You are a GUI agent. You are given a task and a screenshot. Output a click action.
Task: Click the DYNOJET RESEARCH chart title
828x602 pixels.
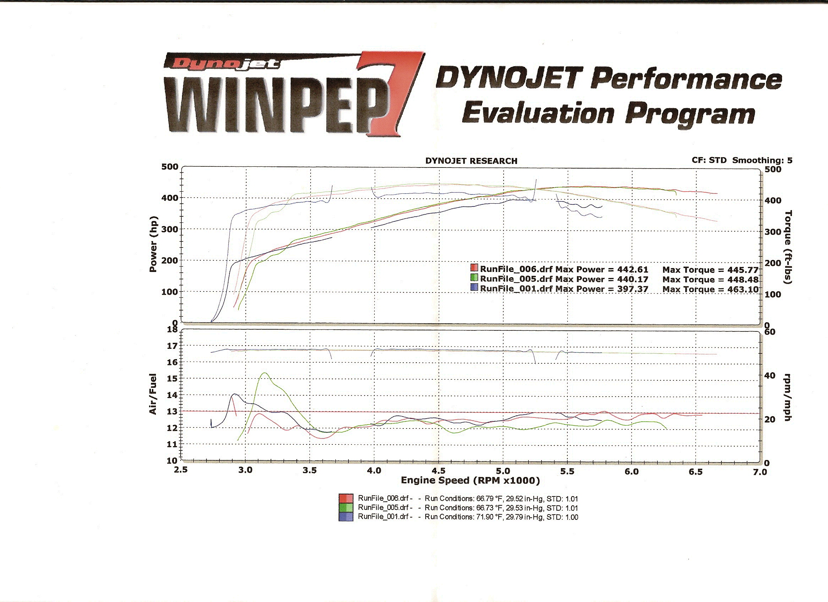coord(471,161)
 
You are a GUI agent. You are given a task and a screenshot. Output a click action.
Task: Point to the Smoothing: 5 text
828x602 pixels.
coord(762,160)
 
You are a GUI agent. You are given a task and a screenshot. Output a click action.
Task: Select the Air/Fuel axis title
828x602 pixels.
coord(153,394)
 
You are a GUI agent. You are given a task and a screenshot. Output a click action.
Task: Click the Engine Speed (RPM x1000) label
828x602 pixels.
coord(470,481)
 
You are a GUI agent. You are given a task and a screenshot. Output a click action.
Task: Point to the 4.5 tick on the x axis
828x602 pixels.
coord(438,471)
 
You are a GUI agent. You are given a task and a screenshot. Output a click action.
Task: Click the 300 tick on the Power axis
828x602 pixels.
coord(169,229)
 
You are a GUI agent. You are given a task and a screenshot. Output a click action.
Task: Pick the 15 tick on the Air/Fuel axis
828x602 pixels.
coord(172,379)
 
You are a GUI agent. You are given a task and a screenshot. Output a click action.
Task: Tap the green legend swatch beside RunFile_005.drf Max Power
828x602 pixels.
coord(474,278)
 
